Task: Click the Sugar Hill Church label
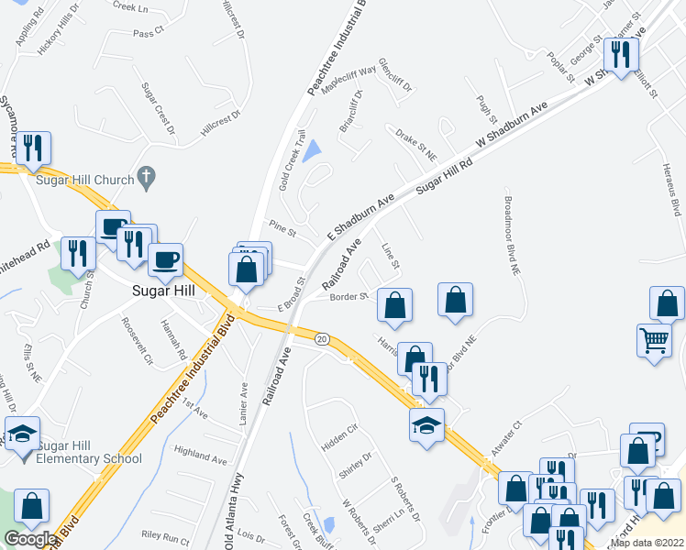pos(85,180)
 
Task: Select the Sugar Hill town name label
pos(158,291)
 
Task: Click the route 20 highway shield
pos(322,339)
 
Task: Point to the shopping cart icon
pos(655,341)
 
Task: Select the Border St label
pos(349,297)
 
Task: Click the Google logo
pos(29,539)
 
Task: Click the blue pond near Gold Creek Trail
pos(311,149)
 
